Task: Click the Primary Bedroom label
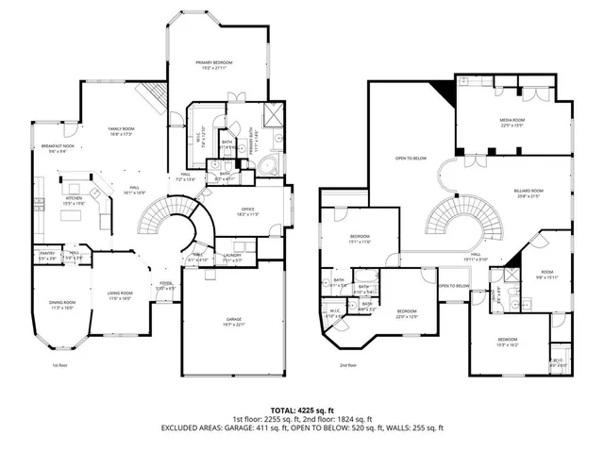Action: (x=214, y=63)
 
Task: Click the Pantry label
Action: (x=47, y=255)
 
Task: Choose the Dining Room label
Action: (x=62, y=303)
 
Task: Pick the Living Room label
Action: (x=119, y=294)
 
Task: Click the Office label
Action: (x=247, y=212)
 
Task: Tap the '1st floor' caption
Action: (x=60, y=364)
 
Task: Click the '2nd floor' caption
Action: (x=348, y=364)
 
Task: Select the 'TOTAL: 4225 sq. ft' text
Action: (x=301, y=409)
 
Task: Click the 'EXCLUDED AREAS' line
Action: (x=301, y=428)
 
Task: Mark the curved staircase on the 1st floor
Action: (x=160, y=222)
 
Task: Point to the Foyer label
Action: (x=166, y=283)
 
